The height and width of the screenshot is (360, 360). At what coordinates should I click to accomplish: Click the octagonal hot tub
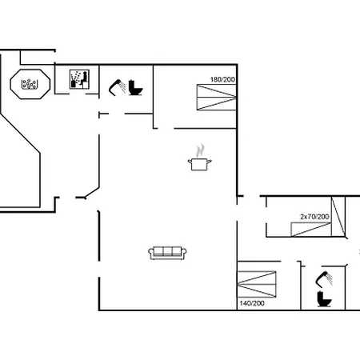click(x=30, y=83)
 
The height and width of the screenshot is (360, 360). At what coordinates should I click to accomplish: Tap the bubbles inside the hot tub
click(x=30, y=83)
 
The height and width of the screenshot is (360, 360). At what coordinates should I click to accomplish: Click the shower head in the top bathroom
click(x=117, y=82)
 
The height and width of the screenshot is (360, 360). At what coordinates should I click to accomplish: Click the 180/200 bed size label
click(x=223, y=79)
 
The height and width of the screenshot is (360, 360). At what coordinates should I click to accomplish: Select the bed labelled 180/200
click(x=217, y=99)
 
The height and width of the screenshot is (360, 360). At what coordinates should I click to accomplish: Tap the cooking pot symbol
click(x=199, y=163)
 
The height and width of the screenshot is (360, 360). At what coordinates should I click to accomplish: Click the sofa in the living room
click(x=167, y=253)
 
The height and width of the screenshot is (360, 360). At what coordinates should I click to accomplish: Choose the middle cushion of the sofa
click(x=167, y=253)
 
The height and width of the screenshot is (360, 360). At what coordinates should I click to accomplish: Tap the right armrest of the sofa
click(x=184, y=254)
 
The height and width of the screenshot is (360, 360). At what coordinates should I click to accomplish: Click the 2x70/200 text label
click(x=314, y=217)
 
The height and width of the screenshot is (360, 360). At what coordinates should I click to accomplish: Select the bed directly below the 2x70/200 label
click(x=310, y=230)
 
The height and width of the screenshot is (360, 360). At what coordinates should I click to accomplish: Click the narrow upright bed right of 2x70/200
click(x=340, y=215)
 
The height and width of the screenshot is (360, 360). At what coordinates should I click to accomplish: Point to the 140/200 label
click(x=251, y=303)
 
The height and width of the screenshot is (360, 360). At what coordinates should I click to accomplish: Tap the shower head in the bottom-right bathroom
click(x=323, y=278)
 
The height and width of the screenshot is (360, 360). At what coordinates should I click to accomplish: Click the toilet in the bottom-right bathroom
click(x=325, y=298)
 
